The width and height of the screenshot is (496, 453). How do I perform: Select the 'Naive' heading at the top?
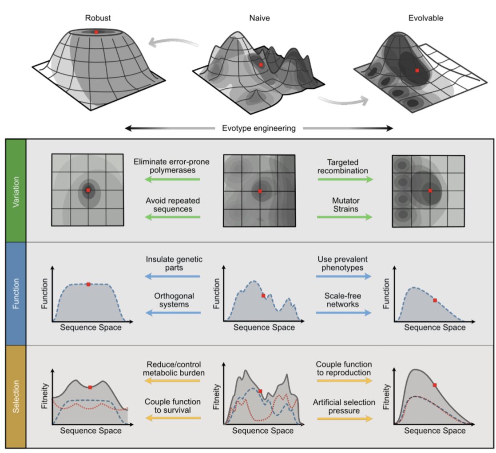[x=260, y=19]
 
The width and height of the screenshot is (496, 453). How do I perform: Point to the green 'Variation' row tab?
[x=16, y=190]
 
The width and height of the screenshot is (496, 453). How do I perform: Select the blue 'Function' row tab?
[x=16, y=293]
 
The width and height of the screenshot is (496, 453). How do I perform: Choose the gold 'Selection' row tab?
[x=16, y=396]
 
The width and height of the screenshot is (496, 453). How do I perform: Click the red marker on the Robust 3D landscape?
[x=96, y=32]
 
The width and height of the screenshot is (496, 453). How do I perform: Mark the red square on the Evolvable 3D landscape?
[x=417, y=70]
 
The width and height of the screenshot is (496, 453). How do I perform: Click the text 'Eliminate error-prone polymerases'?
[x=171, y=166]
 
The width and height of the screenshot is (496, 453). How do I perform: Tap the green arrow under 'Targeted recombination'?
[x=345, y=179]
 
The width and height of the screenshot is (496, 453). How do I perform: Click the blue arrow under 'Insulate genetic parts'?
[x=172, y=276]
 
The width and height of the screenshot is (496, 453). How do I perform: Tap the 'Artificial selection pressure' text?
[x=345, y=406]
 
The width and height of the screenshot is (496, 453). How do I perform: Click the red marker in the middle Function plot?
[x=263, y=295]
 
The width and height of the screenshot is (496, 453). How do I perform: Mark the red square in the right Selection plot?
[x=434, y=385]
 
